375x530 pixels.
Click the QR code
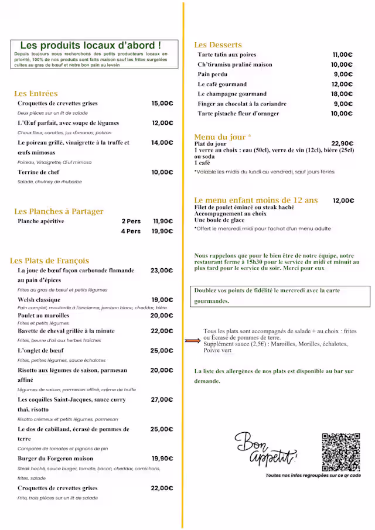(x=341, y=452)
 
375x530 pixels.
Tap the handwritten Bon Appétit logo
(x=265, y=450)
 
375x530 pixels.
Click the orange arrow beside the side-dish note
(x=193, y=340)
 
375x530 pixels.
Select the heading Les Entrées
(x=36, y=94)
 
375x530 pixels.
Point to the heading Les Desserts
(x=218, y=45)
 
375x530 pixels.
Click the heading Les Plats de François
(x=50, y=261)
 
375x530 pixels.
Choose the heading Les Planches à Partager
(x=59, y=211)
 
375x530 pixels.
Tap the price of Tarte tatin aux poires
(x=343, y=55)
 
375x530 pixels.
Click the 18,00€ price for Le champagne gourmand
(x=342, y=94)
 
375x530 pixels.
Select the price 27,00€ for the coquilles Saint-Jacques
(x=162, y=399)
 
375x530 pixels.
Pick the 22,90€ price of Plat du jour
(x=342, y=143)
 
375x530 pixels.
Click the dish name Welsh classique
(x=39, y=300)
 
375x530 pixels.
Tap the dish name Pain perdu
(x=213, y=75)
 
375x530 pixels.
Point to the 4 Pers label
(x=131, y=231)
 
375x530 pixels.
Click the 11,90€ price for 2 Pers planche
(x=163, y=221)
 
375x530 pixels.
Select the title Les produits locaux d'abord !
(x=91, y=45)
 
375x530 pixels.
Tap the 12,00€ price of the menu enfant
(x=343, y=201)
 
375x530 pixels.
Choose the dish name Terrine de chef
(x=39, y=172)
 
